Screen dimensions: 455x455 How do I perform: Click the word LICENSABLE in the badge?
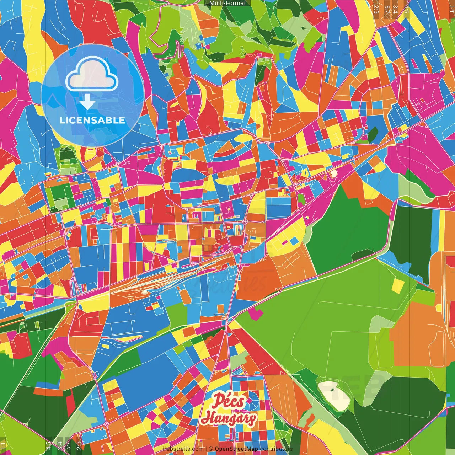pos(92,120)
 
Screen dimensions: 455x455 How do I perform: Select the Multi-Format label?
pos(227,3)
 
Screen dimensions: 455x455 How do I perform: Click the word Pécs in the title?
pos(229,402)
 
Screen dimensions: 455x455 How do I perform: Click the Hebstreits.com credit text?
pos(183,449)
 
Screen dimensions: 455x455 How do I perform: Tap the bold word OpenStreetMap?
pos(236,449)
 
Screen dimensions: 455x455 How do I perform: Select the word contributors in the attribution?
pos(276,449)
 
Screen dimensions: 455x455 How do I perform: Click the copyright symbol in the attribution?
pos(210,449)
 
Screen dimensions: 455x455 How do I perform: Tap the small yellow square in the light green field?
pos(398,285)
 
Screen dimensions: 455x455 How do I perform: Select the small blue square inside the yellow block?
pos(294,241)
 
